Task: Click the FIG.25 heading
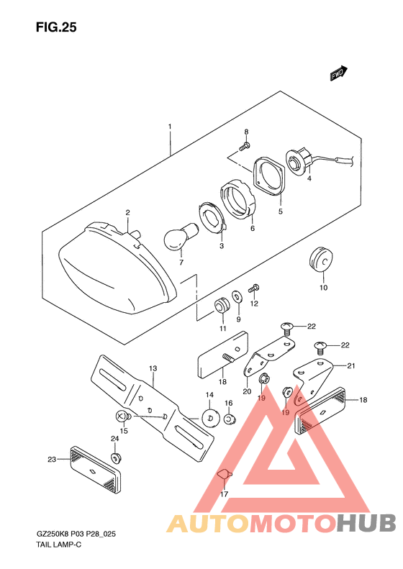[56, 27]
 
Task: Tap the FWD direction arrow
[339, 73]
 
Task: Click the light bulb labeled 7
[181, 237]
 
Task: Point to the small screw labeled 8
[245, 147]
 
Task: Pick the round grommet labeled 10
[321, 259]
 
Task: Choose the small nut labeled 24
[116, 458]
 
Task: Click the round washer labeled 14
[211, 418]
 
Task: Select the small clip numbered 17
[225, 474]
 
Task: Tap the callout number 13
[153, 368]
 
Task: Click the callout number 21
[350, 365]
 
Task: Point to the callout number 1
[170, 127]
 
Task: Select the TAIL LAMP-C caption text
[58, 545]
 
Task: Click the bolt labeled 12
[253, 289]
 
